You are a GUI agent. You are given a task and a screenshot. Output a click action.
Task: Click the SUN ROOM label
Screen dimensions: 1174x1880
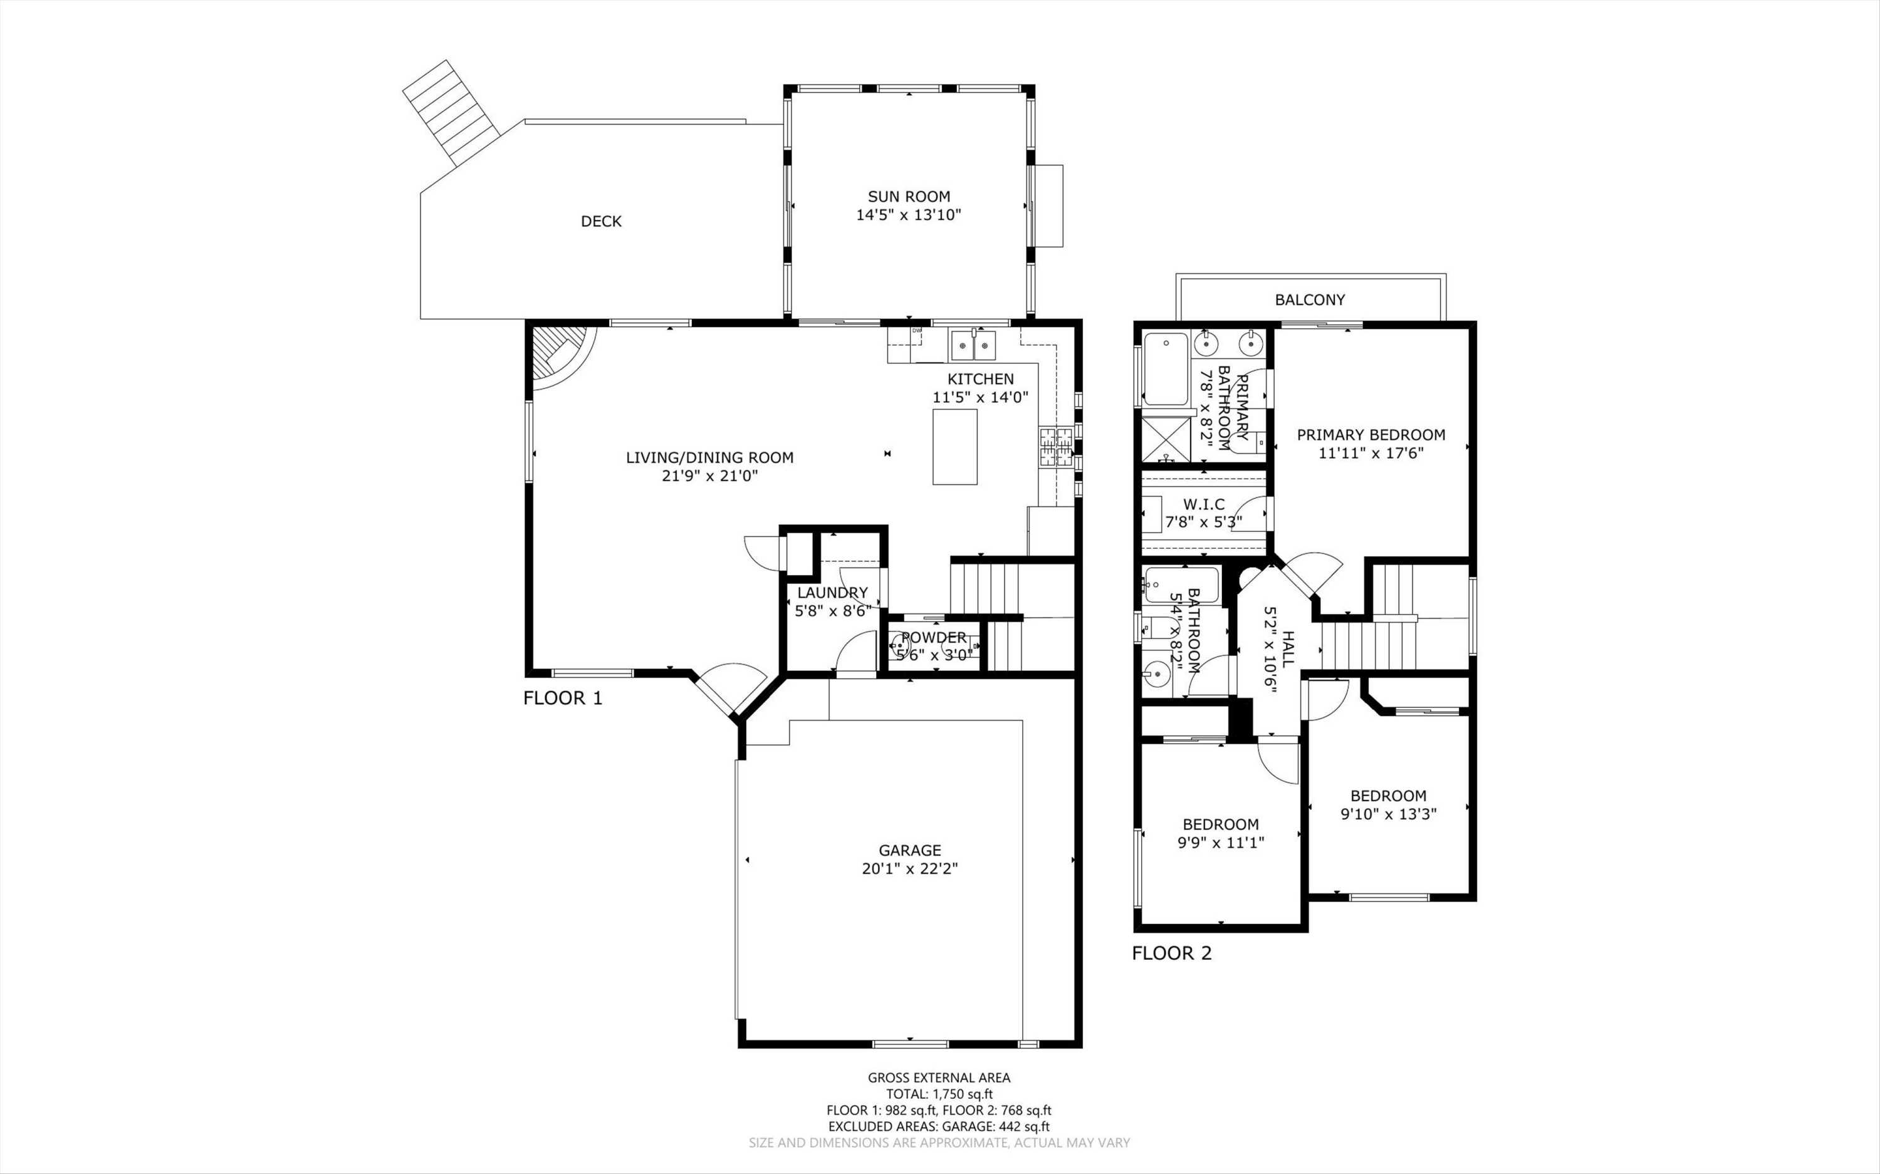tap(909, 197)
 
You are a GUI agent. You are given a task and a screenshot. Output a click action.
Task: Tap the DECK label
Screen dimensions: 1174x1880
tap(601, 221)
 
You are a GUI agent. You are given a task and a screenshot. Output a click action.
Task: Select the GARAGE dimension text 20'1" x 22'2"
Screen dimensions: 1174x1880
tap(909, 869)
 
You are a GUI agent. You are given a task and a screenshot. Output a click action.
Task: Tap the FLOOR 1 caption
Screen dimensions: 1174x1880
tap(562, 698)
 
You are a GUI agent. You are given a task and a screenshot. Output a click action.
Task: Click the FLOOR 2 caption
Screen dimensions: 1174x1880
tap(1171, 953)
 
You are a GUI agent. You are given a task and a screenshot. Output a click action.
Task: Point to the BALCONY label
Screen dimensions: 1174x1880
tap(1309, 299)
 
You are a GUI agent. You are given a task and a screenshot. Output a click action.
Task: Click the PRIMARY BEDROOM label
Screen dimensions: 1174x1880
tap(1371, 435)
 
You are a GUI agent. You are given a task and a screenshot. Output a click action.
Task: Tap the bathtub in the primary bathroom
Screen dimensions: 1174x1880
tap(1165, 369)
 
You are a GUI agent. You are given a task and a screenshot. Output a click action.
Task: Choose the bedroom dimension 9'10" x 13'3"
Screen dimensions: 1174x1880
tap(1389, 814)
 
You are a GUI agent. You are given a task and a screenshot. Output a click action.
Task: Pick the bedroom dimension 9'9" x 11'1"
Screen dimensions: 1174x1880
tap(1221, 843)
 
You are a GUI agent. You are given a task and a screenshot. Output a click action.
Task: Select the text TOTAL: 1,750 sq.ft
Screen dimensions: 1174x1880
tap(939, 1094)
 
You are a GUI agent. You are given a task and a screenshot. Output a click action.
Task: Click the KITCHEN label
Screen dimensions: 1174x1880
tap(980, 379)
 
